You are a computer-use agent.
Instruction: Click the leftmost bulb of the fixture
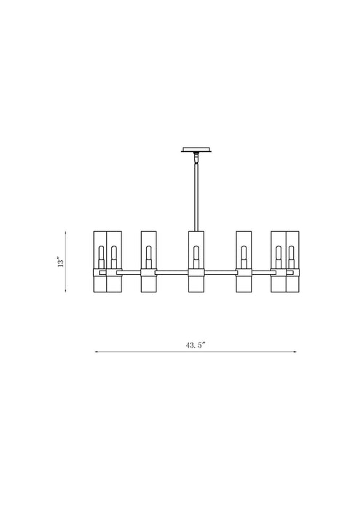click(x=101, y=254)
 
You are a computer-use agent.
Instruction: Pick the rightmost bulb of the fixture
click(x=292, y=254)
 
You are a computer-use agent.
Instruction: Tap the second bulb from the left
click(x=113, y=254)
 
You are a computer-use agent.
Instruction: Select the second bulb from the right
click(x=279, y=254)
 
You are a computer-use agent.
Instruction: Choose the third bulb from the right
click(x=244, y=254)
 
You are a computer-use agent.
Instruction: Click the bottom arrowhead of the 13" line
click(x=67, y=291)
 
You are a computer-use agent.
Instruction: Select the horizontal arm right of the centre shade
click(x=220, y=273)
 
